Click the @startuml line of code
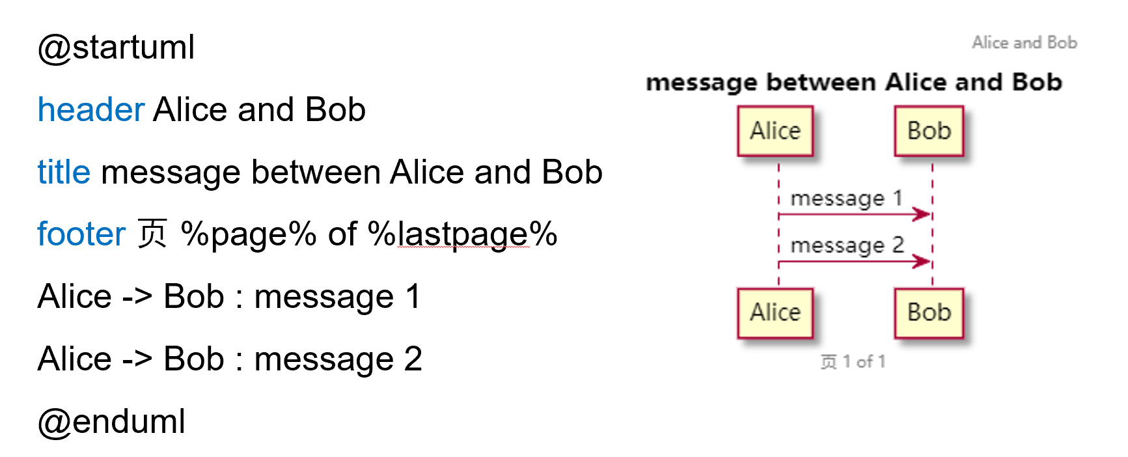coord(116,48)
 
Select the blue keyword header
coord(90,109)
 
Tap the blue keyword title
coord(64,173)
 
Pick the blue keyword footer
coord(81,234)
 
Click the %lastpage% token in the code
coord(462,234)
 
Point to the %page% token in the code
coord(248,234)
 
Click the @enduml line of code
coord(111,422)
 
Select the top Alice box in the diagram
coord(775,132)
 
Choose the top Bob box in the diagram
coord(929,132)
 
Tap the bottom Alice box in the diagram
coord(775,313)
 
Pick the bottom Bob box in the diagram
coord(929,313)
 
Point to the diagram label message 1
coord(846,198)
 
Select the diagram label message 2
coord(847,245)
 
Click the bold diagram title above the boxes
coord(853,83)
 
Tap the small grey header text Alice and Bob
coord(1025,43)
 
